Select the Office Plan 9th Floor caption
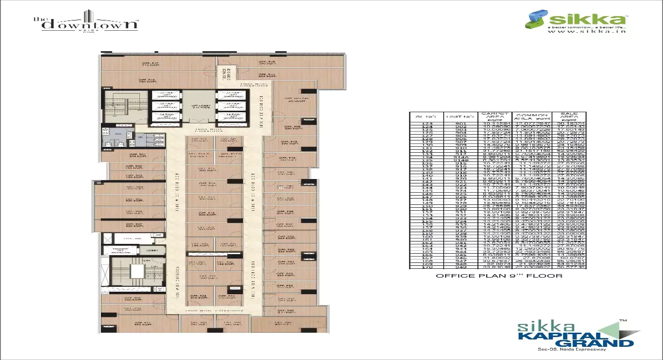pos(499,276)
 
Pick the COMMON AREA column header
pos(530,117)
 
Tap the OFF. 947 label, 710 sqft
pos(151,64)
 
